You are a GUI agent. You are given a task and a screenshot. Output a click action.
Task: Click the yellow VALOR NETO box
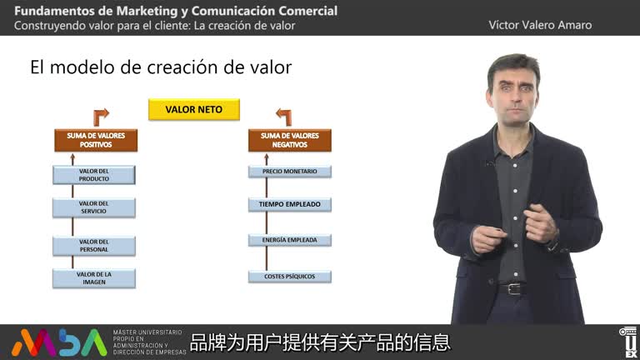click(193, 109)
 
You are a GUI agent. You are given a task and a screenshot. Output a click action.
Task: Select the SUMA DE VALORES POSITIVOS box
click(94, 139)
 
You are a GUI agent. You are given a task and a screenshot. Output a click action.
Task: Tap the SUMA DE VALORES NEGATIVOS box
click(289, 139)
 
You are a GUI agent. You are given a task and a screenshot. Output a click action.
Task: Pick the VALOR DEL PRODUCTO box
click(94, 175)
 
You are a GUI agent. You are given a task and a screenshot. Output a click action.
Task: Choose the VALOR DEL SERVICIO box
click(94, 207)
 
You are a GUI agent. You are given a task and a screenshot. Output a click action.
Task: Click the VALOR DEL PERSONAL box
click(94, 246)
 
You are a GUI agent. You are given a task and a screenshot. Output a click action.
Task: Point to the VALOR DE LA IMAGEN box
click(94, 277)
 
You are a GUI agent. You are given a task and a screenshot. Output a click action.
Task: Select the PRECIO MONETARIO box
click(289, 172)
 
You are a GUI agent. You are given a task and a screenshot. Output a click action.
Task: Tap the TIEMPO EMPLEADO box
click(289, 204)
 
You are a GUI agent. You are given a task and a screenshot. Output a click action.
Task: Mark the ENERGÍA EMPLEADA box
click(289, 240)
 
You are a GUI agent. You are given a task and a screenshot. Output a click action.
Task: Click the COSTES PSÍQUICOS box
click(289, 276)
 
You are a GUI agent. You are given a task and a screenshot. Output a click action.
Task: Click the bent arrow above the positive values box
click(101, 116)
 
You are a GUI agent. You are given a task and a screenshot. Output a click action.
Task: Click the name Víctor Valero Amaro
click(540, 25)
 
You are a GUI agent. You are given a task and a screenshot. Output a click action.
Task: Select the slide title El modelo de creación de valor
click(161, 67)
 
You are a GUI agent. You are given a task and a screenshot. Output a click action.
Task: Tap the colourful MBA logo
click(58, 342)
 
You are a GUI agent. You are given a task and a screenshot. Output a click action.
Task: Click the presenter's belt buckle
click(512, 288)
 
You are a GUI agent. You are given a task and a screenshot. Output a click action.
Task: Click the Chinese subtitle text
click(320, 342)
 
